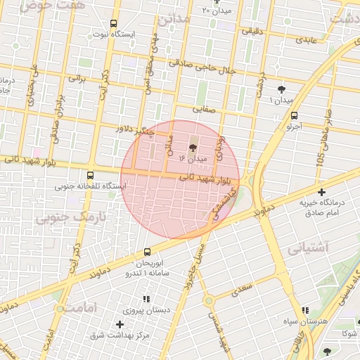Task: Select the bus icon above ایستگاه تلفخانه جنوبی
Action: (90, 176)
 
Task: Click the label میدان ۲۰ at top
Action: (216, 10)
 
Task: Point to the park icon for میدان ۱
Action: (282, 89)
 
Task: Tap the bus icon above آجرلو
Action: (293, 116)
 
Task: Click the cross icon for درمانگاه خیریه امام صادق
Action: (321, 192)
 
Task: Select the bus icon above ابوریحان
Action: (147, 252)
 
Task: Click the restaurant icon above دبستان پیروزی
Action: (146, 299)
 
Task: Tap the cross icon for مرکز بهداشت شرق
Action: (120, 324)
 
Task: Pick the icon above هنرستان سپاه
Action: (304, 310)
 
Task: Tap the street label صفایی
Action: (206, 109)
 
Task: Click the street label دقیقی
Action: (255, 30)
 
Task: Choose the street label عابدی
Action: (307, 39)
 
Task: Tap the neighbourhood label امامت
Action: (75, 307)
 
